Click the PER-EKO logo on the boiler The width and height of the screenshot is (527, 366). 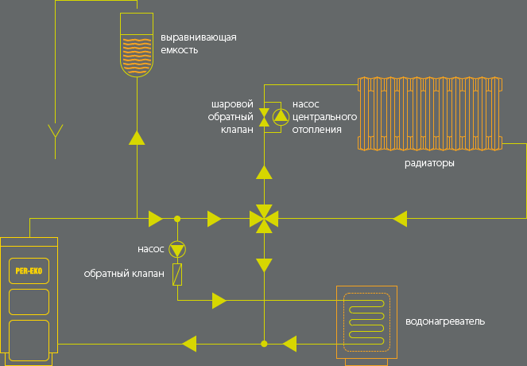point(29,271)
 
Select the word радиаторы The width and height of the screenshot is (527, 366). point(429,163)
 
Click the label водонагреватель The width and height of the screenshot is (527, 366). point(445,321)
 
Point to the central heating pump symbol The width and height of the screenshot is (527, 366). point(281,117)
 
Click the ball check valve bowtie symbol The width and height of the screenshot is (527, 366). point(264,117)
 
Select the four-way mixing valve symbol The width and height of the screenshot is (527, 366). point(264,219)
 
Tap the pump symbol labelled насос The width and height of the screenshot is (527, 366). point(177,250)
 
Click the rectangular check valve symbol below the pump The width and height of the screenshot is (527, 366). point(177,274)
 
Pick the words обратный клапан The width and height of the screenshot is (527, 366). point(124,274)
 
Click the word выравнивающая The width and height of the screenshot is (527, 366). point(198,37)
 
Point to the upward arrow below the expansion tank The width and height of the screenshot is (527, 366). point(137,138)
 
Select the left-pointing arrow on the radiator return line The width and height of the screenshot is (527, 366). point(400,219)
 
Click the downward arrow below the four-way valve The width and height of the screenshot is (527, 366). point(264,265)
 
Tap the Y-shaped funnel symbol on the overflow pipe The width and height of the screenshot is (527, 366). point(56,131)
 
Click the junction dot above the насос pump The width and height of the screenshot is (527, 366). point(177,219)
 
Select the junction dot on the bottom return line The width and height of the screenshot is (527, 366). point(264,344)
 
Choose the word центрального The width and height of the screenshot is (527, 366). point(324,117)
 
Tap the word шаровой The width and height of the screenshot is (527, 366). point(232,104)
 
